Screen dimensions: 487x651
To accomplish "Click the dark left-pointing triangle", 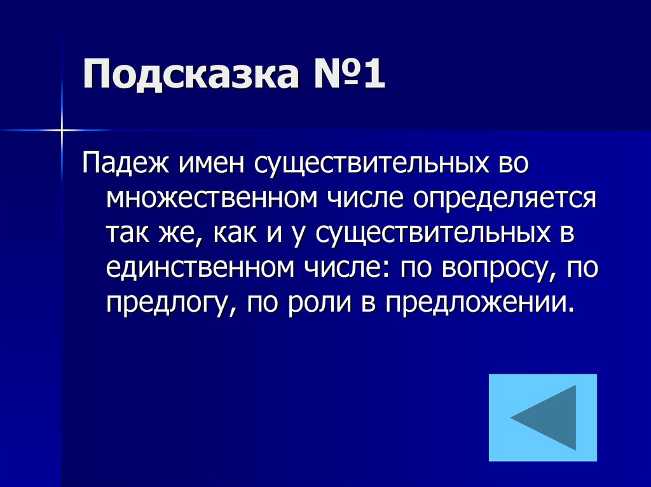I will (x=545, y=417).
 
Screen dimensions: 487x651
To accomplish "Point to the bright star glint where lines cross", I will (x=62, y=130).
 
